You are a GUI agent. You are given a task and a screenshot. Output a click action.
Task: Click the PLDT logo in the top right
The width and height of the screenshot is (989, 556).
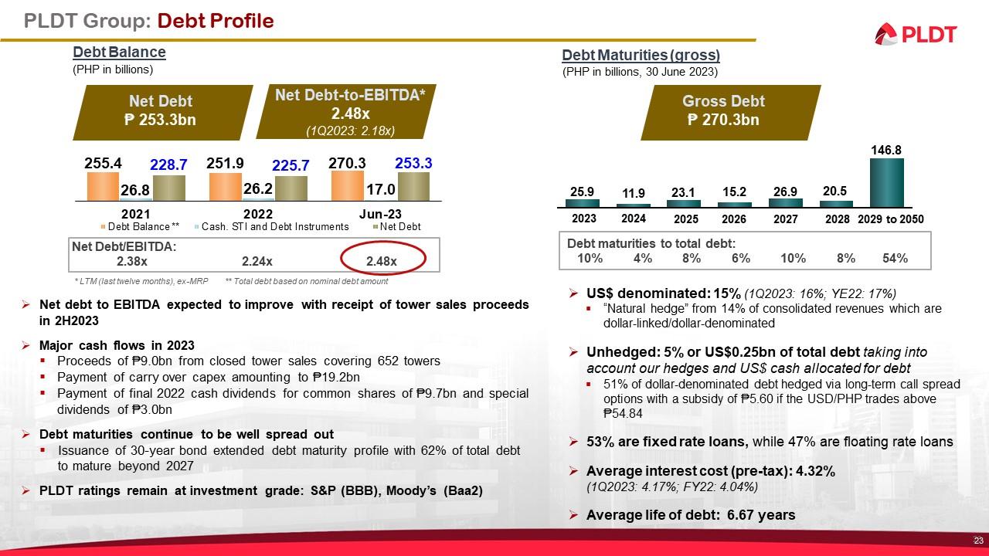(916, 34)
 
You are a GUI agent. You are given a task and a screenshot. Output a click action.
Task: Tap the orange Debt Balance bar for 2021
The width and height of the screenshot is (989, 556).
(103, 186)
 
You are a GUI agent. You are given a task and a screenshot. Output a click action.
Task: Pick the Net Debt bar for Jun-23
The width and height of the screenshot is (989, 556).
(413, 187)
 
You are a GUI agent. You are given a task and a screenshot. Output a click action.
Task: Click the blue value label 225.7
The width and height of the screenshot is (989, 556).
(291, 166)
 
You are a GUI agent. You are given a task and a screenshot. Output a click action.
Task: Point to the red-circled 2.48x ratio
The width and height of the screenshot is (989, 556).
(382, 261)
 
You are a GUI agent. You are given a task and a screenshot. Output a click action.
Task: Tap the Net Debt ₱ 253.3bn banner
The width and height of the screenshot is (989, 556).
(161, 110)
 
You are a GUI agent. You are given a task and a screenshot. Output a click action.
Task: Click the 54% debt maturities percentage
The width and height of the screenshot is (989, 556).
(895, 259)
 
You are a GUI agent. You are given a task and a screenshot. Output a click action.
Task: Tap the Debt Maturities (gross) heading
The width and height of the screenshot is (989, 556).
(641, 55)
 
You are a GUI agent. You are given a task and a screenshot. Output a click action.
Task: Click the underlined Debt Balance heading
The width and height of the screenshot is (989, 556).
(119, 53)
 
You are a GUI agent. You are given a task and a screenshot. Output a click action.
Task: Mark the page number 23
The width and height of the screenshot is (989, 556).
(977, 540)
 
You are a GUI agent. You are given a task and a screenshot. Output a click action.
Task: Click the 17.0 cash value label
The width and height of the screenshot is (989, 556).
(382, 188)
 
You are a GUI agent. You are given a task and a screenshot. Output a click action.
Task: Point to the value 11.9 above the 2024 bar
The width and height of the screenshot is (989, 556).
(633, 193)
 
